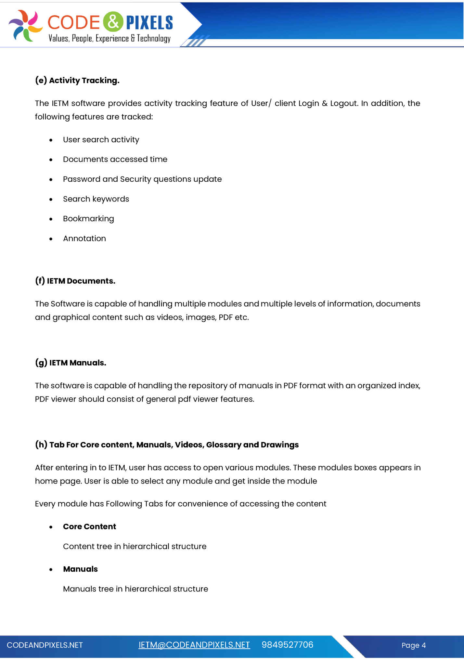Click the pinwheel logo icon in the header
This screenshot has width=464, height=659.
click(x=25, y=25)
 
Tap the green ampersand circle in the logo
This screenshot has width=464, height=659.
click(x=113, y=22)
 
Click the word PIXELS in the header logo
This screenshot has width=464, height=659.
click(x=149, y=22)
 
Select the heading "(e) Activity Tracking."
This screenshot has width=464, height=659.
click(x=77, y=80)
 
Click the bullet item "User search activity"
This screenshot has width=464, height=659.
click(x=101, y=140)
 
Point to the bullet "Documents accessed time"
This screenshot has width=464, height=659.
click(x=115, y=159)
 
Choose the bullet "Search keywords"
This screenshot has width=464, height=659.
click(x=96, y=199)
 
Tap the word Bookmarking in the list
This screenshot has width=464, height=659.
click(x=88, y=219)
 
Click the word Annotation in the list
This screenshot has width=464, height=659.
click(x=84, y=239)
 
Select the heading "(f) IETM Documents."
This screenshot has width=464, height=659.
click(x=75, y=281)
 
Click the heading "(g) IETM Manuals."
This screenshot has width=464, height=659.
click(x=71, y=363)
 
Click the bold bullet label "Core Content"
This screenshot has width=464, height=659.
click(x=89, y=526)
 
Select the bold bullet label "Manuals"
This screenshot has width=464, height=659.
click(x=80, y=569)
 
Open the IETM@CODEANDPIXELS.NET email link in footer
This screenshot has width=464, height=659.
click(x=194, y=645)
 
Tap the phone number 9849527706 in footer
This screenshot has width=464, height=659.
click(x=287, y=645)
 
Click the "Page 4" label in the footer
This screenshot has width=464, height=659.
click(x=413, y=645)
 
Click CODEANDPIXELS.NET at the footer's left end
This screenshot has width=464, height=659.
click(x=45, y=645)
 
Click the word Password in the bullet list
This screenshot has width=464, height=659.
click(x=82, y=179)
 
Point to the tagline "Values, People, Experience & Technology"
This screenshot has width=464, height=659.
click(x=110, y=38)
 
